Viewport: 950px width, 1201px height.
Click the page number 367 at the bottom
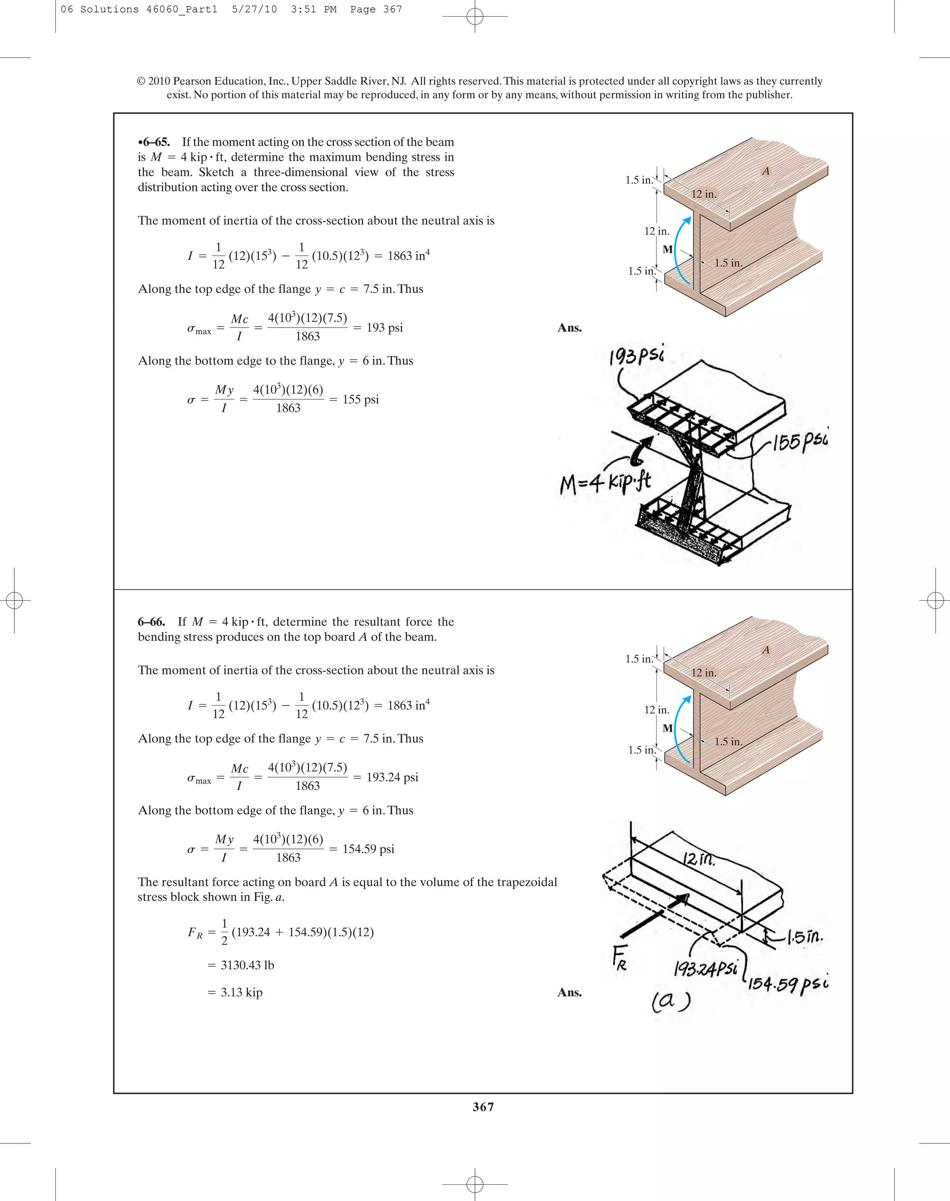(483, 1106)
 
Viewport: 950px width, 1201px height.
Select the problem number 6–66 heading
(151, 621)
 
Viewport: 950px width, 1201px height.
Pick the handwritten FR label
(620, 958)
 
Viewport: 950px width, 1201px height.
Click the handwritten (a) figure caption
(671, 1001)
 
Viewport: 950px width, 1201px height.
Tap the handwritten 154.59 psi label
(788, 983)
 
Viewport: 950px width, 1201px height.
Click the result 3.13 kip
(241, 992)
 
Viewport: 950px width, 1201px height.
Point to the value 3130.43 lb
(247, 965)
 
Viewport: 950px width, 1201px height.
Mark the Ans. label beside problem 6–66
(570, 992)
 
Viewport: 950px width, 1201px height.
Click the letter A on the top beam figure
(766, 171)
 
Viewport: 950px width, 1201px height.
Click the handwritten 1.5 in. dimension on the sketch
(804, 938)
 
